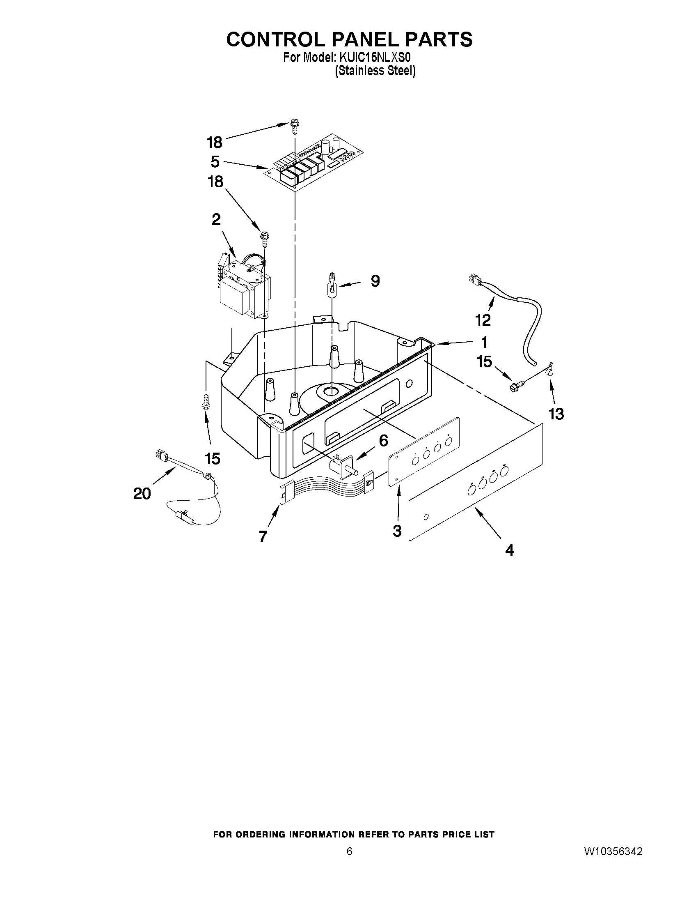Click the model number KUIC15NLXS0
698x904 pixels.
375,57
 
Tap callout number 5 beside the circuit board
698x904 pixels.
215,161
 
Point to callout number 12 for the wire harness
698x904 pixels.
483,320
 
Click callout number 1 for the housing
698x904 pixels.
484,342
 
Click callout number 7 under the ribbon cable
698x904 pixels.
263,536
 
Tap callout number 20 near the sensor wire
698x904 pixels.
142,493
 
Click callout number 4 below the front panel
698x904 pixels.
509,550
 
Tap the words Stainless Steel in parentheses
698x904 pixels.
375,71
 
